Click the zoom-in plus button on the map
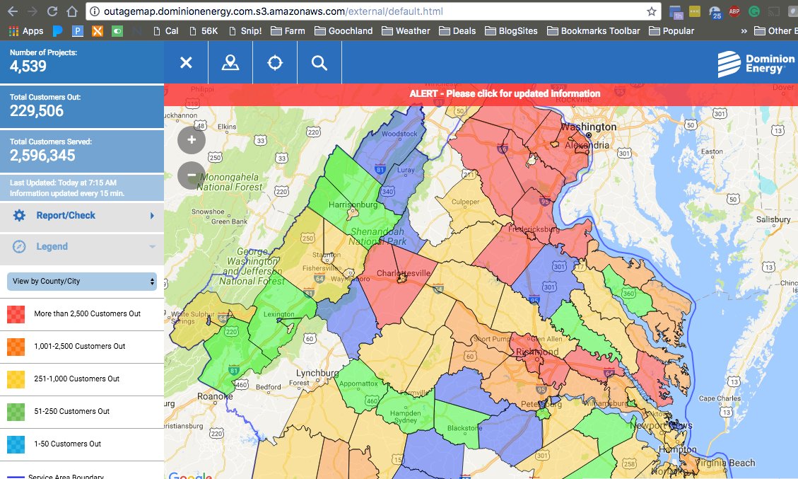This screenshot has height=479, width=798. point(192,140)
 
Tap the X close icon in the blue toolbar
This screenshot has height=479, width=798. point(186,63)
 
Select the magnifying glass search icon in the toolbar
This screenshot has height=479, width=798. point(319,63)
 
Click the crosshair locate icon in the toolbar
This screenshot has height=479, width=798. point(275,63)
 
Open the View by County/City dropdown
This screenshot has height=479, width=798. point(81,282)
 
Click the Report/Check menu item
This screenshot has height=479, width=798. point(66,215)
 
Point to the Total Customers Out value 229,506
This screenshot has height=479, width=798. point(37,111)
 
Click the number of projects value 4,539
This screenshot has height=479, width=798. point(28,67)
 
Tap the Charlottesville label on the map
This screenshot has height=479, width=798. point(404,272)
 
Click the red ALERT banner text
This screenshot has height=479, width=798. point(505,93)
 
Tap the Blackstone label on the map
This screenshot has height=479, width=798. point(464,428)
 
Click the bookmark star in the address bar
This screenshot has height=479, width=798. point(651,11)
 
